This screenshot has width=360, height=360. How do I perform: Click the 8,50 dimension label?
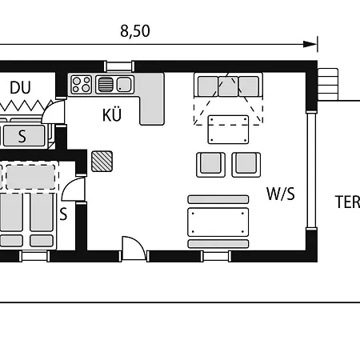click(x=135, y=31)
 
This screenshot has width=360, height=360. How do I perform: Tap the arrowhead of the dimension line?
click(x=310, y=44)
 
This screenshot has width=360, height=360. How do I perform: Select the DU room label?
click(x=20, y=87)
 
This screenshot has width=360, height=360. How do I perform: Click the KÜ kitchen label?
click(x=112, y=114)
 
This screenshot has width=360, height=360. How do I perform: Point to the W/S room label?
click(x=281, y=194)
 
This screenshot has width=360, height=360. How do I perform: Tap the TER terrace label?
click(x=348, y=202)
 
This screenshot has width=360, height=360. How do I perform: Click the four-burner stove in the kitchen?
click(x=82, y=84)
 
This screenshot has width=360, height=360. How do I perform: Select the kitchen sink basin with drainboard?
click(x=114, y=84)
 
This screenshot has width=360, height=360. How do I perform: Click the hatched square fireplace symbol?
click(x=102, y=161)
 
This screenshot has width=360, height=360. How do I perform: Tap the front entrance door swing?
click(x=134, y=248)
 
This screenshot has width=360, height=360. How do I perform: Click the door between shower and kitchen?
click(x=54, y=111)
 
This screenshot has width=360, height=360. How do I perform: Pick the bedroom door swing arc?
click(x=73, y=189)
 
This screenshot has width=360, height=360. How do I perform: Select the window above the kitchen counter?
click(x=119, y=66)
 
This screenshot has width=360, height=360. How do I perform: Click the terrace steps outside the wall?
click(x=328, y=84)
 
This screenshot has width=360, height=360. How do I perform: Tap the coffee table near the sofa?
click(x=228, y=130)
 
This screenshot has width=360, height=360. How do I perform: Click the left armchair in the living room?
click(x=210, y=165)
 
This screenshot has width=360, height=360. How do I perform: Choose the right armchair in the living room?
click(x=246, y=165)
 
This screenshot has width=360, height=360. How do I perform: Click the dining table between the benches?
click(x=218, y=222)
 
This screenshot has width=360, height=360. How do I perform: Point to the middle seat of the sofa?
click(x=228, y=86)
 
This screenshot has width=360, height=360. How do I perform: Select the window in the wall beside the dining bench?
click(x=216, y=256)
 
